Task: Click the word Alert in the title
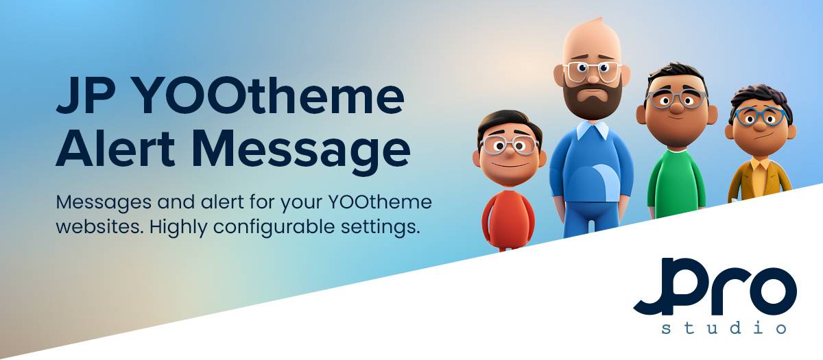coord(115,147)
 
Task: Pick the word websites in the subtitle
coord(99,227)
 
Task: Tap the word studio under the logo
coord(724,327)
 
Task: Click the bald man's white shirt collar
coord(593,130)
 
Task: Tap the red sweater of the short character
coord(508,219)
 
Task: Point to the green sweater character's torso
coord(676,184)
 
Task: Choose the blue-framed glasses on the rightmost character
coord(760,117)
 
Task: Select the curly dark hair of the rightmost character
coord(760,99)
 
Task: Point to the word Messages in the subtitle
coord(104,203)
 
